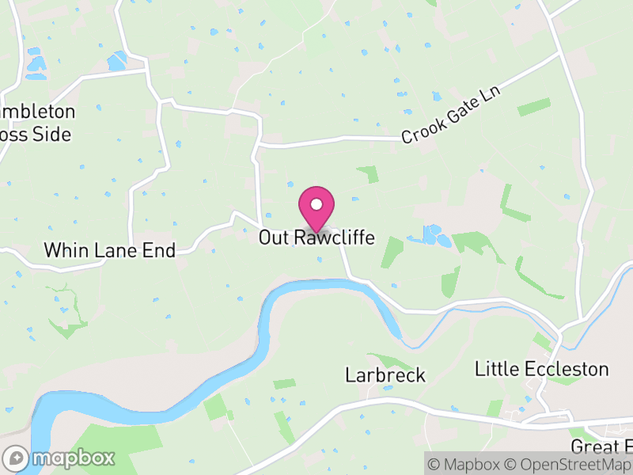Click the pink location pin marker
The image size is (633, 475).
click(x=316, y=208)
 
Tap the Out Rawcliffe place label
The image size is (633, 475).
click(x=316, y=237)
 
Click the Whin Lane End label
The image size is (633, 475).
click(x=109, y=251)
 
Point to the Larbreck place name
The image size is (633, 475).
click(x=385, y=375)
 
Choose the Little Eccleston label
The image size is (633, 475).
click(x=541, y=369)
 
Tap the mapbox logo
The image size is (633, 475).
click(x=59, y=458)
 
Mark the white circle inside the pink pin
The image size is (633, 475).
click(x=316, y=204)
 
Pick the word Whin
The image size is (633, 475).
click(x=63, y=251)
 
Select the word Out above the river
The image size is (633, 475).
click(x=274, y=237)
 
